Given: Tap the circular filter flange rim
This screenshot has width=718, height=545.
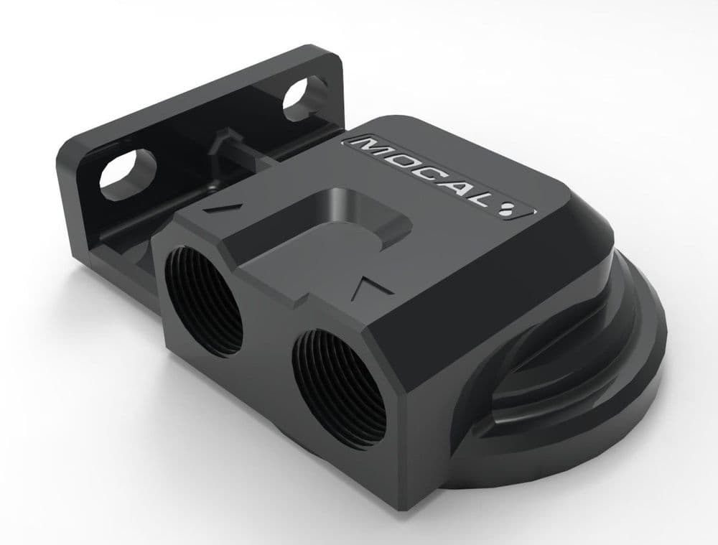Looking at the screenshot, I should pyautogui.click(x=632, y=373).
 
